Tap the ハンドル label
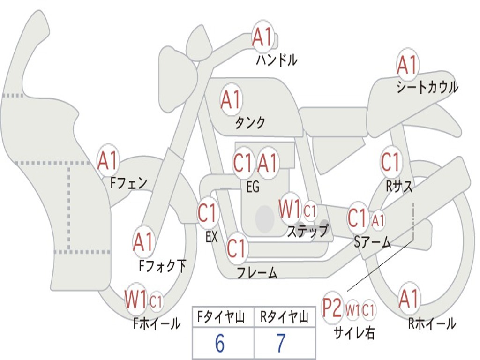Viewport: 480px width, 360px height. [277, 60]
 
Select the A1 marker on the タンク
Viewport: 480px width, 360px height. [231, 99]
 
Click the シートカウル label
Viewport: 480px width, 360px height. [427, 87]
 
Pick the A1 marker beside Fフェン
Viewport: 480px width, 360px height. [108, 161]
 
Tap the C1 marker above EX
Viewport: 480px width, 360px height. [207, 213]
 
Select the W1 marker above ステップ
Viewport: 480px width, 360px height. [290, 209]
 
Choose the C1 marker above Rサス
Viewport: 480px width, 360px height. [390, 162]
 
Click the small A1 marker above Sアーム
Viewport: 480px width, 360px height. [378, 219]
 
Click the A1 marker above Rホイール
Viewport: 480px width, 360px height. [409, 299]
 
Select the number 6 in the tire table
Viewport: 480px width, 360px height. [220, 344]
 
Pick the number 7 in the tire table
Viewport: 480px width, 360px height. [281, 344]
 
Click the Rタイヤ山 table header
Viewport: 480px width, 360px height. [285, 318]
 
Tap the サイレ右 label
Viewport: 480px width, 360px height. [354, 332]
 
